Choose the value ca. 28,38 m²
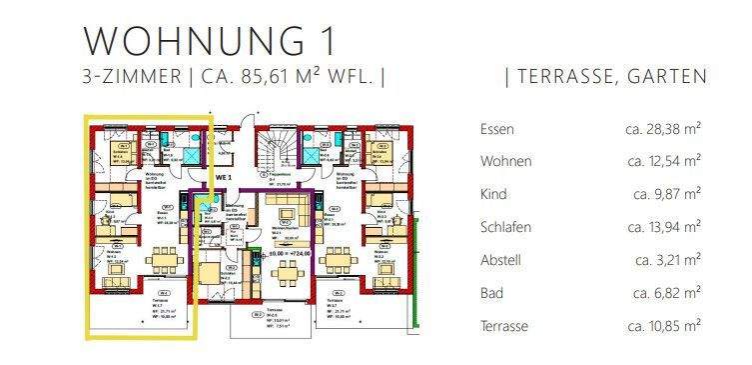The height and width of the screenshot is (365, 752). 663,128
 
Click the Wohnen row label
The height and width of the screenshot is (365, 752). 505,161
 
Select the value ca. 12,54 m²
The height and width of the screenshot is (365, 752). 663,161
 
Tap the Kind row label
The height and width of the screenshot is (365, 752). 494,194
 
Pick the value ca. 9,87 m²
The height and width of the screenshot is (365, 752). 667,194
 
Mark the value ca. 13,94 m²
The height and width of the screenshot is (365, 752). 663,227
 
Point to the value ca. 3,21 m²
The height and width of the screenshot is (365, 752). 667,260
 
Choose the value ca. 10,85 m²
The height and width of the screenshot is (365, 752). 663,326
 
